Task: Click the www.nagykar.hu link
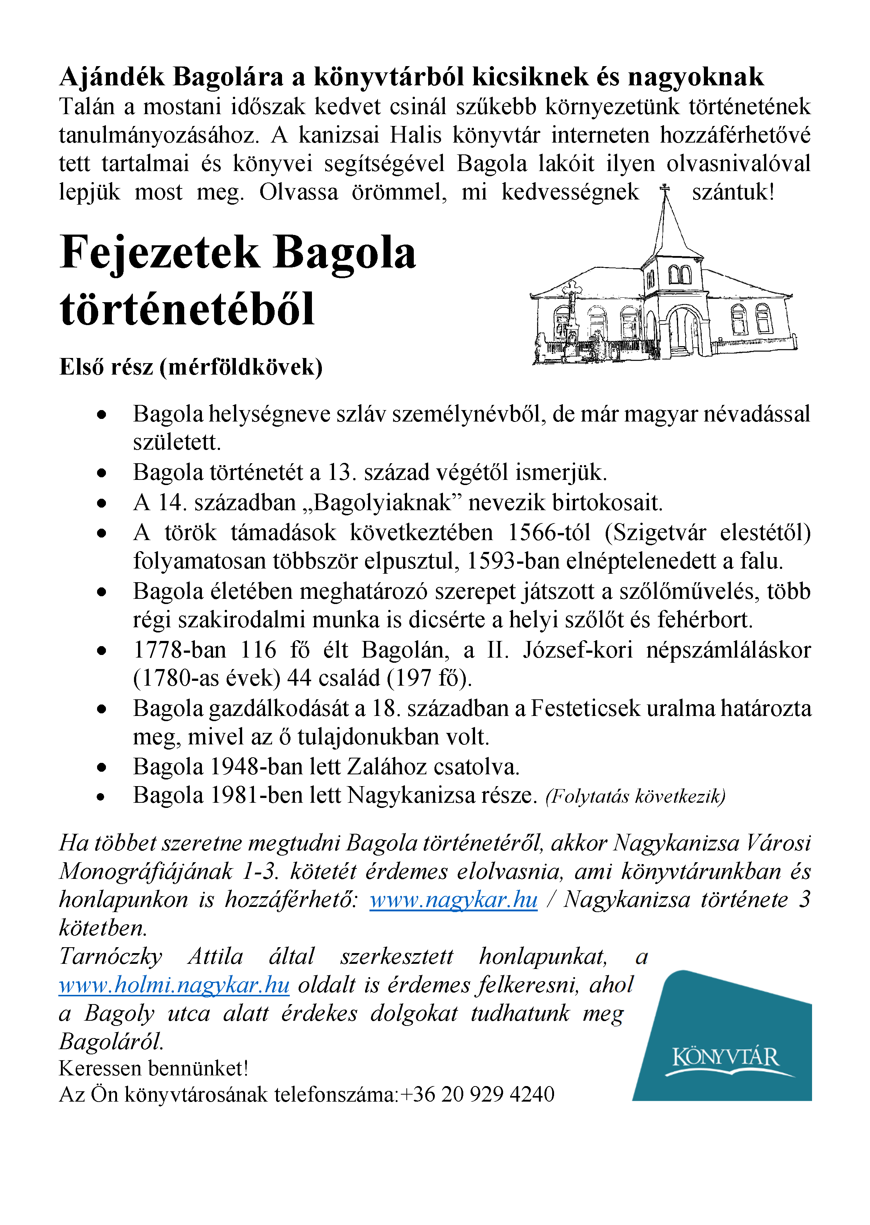453,899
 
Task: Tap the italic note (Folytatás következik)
635,796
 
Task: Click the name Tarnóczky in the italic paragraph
110,956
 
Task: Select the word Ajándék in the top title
111,77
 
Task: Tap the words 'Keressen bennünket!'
154,1068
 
